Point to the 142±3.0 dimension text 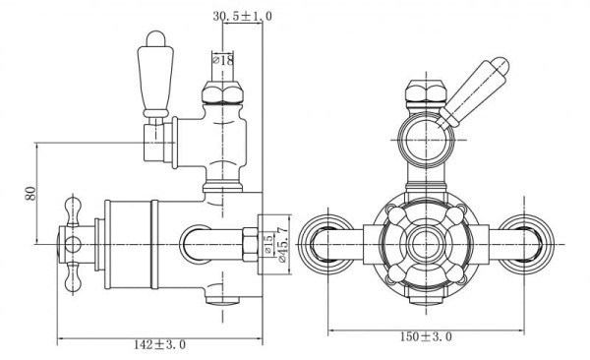tap(159, 344)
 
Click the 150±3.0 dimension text tap(426, 336)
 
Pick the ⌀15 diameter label tap(267, 242)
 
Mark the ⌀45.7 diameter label tap(283, 242)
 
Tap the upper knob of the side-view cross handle tap(71, 209)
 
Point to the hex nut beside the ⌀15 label tap(251, 241)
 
